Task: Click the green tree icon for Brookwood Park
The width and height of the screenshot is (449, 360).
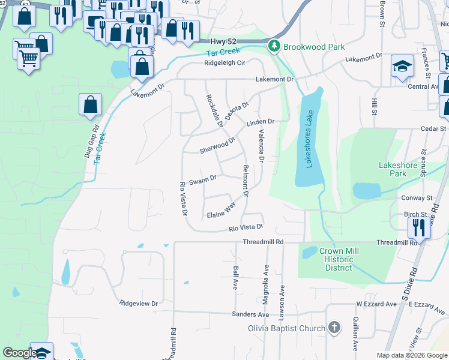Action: pyautogui.click(x=274, y=46)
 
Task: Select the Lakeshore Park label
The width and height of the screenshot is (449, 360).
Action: pyautogui.click(x=401, y=169)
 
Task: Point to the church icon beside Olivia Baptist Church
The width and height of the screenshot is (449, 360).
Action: pyautogui.click(x=334, y=328)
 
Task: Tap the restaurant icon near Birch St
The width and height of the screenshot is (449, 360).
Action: pyautogui.click(x=418, y=227)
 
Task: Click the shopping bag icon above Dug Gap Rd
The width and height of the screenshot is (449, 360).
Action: pyautogui.click(x=89, y=104)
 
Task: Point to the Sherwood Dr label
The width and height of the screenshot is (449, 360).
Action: pyautogui.click(x=217, y=145)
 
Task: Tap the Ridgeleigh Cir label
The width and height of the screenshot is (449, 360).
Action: pyautogui.click(x=224, y=62)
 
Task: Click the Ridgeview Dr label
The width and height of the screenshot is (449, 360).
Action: pyautogui.click(x=138, y=304)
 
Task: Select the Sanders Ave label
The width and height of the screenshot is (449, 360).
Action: pyautogui.click(x=251, y=314)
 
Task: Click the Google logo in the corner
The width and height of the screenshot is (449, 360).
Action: pyautogui.click(x=20, y=353)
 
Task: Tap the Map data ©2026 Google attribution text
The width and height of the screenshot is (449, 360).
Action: pyautogui.click(x=411, y=355)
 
